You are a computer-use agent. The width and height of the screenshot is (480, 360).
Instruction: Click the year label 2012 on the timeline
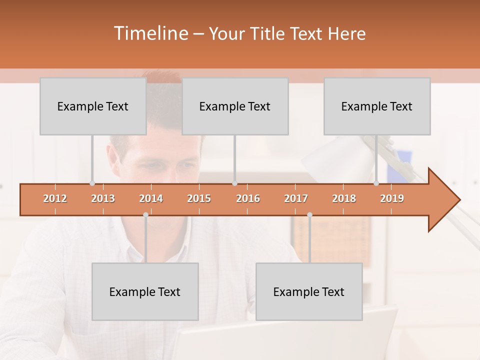(x=55, y=198)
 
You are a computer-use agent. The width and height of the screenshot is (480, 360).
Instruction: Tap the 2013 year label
(x=103, y=198)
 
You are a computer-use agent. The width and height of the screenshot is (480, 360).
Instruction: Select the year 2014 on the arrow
(x=151, y=198)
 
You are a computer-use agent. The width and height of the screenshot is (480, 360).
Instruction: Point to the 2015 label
(x=199, y=198)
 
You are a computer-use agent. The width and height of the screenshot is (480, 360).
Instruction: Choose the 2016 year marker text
(x=248, y=198)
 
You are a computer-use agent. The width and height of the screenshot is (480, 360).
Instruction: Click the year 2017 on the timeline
(x=296, y=198)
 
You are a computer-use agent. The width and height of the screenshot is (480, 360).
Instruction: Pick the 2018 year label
(x=344, y=198)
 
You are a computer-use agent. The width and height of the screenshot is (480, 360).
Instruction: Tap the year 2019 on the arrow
(x=392, y=198)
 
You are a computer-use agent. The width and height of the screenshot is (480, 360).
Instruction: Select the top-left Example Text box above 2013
(x=93, y=106)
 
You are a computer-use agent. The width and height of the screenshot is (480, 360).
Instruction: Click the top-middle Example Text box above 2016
(x=235, y=106)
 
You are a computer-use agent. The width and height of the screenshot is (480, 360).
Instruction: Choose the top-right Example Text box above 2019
(x=377, y=106)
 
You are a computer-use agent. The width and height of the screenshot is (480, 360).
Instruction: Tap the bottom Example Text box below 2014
(x=145, y=291)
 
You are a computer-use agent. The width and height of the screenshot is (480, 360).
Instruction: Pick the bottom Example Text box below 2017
(x=309, y=291)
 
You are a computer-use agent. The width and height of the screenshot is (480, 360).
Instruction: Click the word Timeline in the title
(x=150, y=33)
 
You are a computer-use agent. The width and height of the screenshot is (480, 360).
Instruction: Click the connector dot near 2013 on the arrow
(x=92, y=183)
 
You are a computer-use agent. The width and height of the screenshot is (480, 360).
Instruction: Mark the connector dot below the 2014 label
(x=145, y=215)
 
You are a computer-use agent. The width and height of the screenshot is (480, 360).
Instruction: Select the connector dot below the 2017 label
(x=309, y=215)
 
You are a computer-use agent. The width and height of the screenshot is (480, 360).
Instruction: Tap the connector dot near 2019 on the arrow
(x=376, y=183)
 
